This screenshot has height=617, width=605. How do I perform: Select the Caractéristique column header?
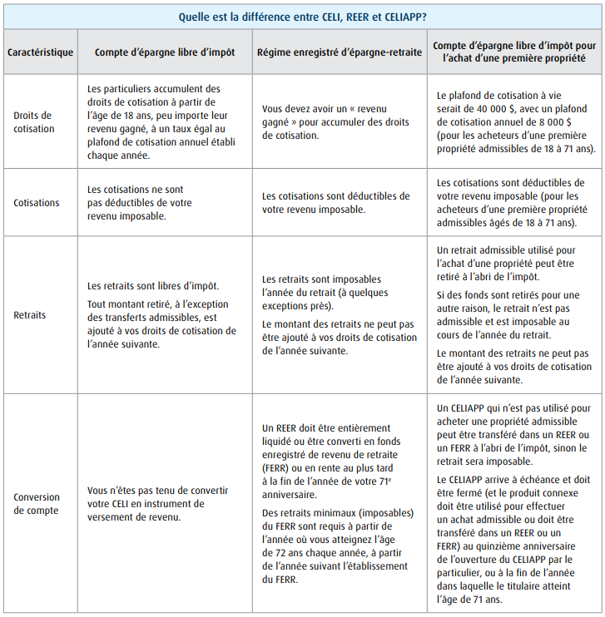point(40,52)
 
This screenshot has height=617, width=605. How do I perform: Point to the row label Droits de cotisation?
point(34,121)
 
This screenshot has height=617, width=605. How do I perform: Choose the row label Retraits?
point(30,315)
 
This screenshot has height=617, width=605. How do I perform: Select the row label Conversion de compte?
point(37,504)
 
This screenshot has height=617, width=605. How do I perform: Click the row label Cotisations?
point(37,202)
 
